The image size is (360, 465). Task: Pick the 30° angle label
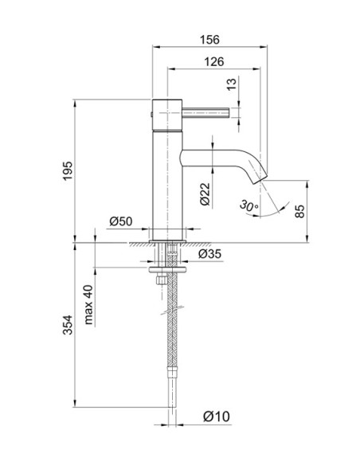point(249,206)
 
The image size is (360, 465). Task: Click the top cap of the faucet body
point(167,103)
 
